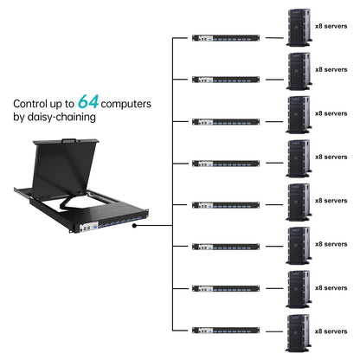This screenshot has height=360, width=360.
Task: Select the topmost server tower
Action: [299, 27]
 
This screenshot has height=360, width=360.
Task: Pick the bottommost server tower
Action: [299, 332]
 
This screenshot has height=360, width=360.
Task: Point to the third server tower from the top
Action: [299, 113]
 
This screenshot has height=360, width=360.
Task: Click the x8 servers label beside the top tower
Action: [331, 25]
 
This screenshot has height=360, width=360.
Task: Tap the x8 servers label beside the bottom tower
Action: [331, 331]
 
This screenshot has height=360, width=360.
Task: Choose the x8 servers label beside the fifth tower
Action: [331, 200]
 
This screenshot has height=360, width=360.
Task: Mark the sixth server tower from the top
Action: [299, 245]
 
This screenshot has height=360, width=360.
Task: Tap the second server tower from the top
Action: [299, 70]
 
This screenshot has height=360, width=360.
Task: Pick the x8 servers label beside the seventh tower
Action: [331, 287]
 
